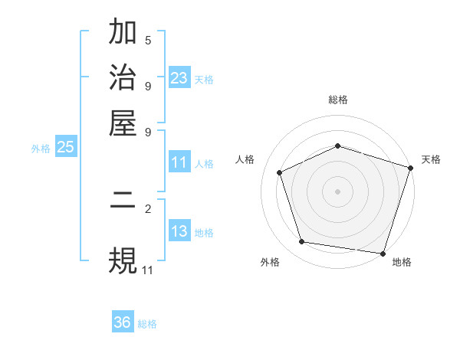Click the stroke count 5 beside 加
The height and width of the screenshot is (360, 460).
[148, 41]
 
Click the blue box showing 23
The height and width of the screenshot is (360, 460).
[179, 77]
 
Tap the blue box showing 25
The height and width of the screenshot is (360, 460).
[65, 147]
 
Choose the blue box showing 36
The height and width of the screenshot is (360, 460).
[123, 322]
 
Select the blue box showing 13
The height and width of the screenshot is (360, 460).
[179, 231]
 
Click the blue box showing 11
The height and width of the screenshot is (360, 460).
[179, 162]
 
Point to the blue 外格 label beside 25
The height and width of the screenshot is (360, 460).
[40, 149]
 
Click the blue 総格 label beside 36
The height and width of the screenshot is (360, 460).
[147, 324]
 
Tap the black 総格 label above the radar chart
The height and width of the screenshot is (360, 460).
[337, 100]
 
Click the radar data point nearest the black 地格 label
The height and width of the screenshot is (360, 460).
[383, 253]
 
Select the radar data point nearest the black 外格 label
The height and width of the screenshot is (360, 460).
[302, 242]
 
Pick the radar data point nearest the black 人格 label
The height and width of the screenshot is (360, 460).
[280, 172]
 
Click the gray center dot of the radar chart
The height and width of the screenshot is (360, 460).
[337, 191]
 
